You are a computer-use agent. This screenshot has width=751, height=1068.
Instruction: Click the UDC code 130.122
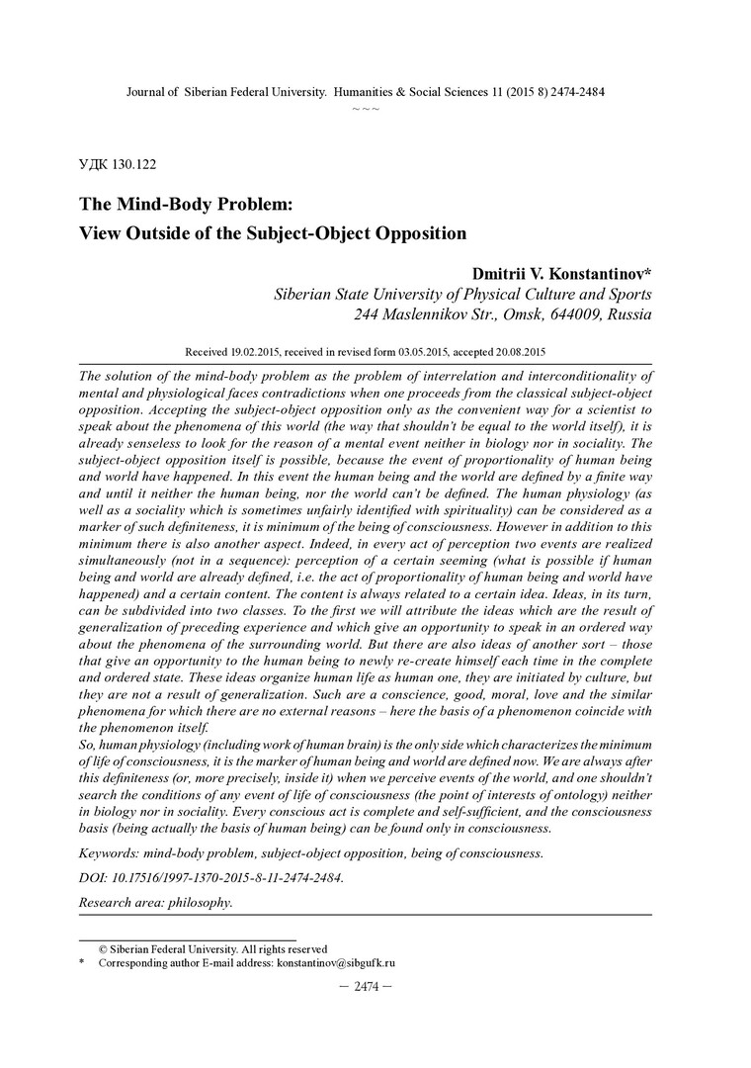point(137,165)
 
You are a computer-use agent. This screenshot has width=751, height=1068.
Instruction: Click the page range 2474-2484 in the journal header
point(570,91)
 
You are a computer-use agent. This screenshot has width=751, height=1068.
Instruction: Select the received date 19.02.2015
point(264,351)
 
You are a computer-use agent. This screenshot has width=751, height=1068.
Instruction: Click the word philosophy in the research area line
point(200,902)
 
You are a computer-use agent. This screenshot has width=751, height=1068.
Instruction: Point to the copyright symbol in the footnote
point(103,948)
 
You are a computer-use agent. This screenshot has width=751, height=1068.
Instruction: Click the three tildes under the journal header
point(366,106)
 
